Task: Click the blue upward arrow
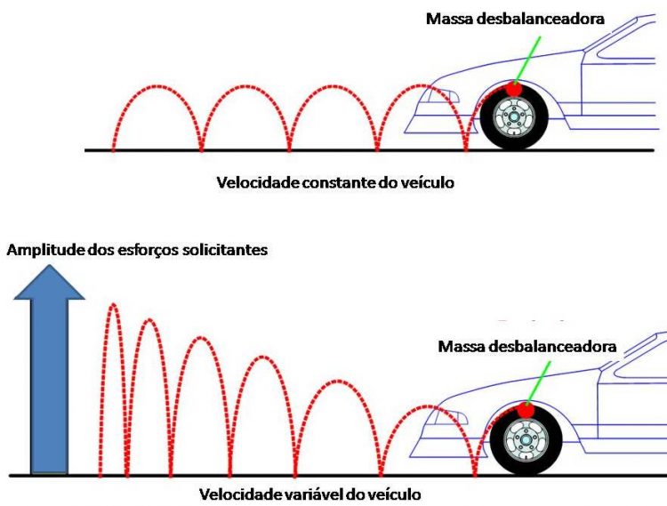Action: click(49, 373)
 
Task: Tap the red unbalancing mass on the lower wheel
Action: click(526, 410)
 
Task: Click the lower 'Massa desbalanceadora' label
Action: click(526, 345)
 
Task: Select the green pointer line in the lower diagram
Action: click(538, 381)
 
